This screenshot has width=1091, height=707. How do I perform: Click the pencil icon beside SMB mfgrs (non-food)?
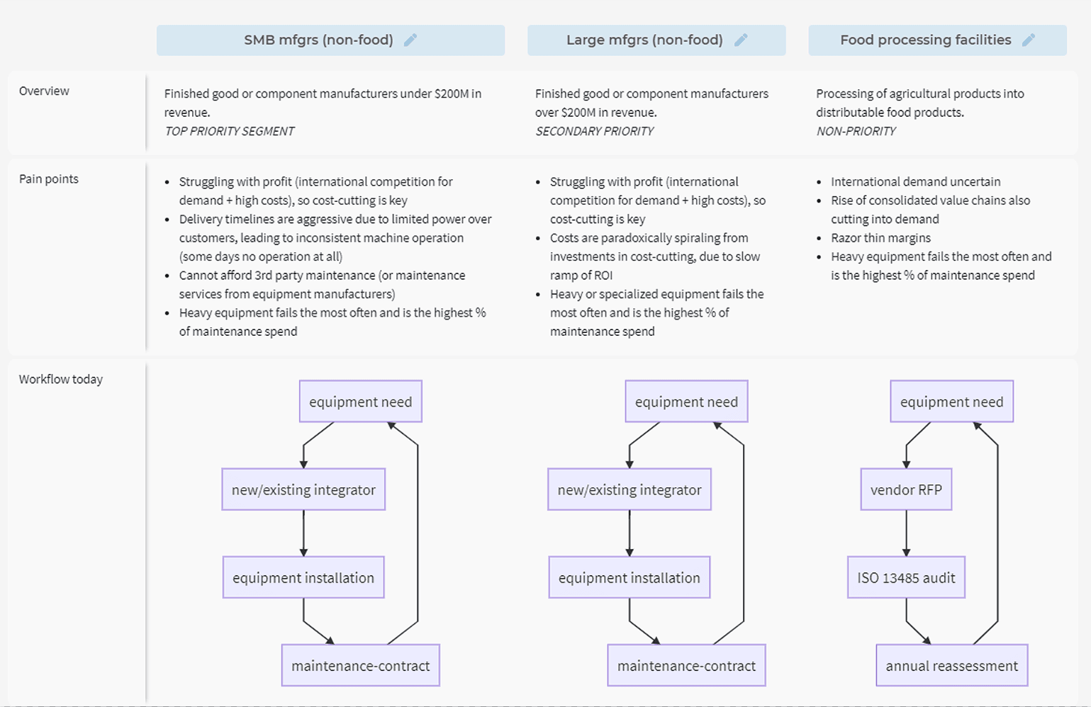coord(410,40)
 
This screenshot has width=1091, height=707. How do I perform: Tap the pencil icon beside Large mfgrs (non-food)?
coord(741,40)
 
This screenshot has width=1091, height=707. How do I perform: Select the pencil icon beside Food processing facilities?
coord(1029,40)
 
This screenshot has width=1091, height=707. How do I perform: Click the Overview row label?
coord(44,91)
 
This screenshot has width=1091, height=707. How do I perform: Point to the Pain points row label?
coord(49,179)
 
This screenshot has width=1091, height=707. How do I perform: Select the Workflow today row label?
coord(61,379)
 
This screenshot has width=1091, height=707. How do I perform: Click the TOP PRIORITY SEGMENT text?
coord(230,131)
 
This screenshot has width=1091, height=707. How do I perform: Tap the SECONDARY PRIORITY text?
coord(594,131)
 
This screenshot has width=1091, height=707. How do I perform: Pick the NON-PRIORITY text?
coord(856,131)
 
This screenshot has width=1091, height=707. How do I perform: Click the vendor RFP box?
coord(906,490)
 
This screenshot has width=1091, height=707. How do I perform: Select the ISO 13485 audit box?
coord(906,577)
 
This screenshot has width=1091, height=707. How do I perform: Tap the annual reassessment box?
coord(952,666)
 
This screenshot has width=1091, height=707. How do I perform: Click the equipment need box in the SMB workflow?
coord(360,402)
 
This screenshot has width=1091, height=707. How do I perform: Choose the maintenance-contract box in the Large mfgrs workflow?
coord(686,666)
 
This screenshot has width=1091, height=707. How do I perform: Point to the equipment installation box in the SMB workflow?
coord(303,577)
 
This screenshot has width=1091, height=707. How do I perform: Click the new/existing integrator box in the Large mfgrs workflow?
coord(630,490)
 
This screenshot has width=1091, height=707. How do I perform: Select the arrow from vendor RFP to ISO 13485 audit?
coord(907,533)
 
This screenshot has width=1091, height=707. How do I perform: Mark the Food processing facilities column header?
coord(938,40)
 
